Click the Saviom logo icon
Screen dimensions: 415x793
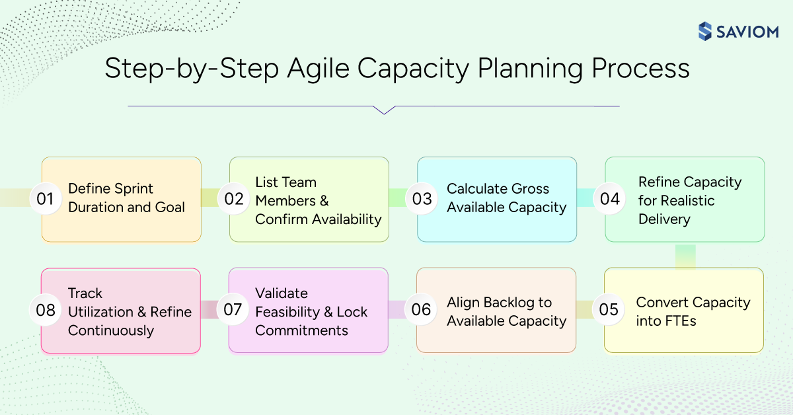coord(705,31)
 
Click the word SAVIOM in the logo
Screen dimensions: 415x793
coord(747,32)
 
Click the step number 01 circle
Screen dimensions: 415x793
coord(45,199)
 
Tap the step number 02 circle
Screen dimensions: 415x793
coord(233,199)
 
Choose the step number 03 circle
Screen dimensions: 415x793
coord(422,199)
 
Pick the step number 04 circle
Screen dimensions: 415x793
coord(609,199)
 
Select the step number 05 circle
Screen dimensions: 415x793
coord(608,310)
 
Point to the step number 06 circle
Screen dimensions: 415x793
coord(421,310)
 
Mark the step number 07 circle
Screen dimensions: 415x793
coord(233,310)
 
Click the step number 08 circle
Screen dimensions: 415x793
coord(45,310)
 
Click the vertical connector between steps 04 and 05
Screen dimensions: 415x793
coord(685,256)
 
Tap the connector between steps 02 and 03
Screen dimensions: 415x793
coord(398,198)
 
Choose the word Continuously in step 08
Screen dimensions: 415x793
coord(111,331)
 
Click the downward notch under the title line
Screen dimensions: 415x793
coord(383,110)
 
